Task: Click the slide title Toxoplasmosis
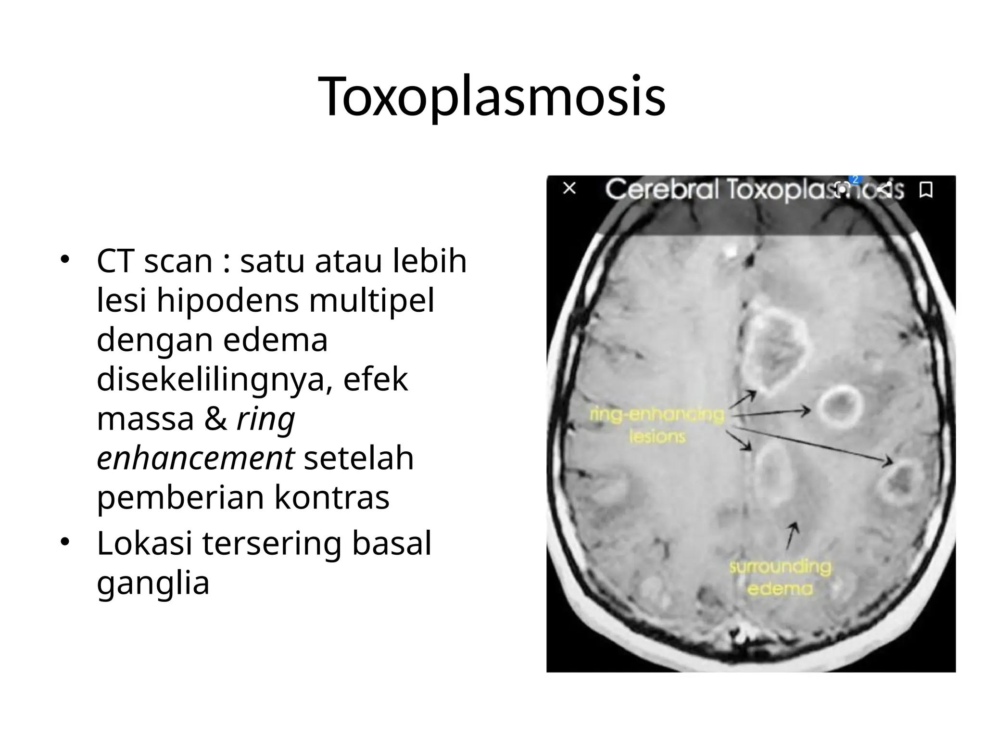(492, 96)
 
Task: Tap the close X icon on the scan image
(569, 188)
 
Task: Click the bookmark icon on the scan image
(926, 190)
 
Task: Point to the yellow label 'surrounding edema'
(780, 578)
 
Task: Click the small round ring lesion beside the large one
(840, 408)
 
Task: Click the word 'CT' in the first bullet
(115, 261)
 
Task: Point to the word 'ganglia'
(153, 583)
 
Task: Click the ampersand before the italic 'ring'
(215, 419)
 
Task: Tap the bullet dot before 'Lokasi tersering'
(65, 543)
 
